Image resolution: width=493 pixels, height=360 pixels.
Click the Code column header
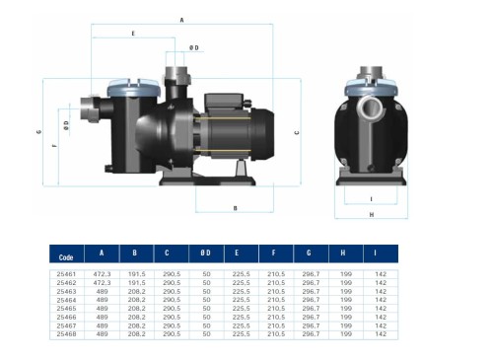click(66, 254)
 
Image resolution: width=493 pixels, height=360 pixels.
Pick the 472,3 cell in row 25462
click(102, 281)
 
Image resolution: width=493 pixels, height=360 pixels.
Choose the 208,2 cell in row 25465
click(137, 308)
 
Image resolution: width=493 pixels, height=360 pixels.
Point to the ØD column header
click(206, 253)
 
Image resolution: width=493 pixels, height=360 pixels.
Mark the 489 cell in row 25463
click(102, 290)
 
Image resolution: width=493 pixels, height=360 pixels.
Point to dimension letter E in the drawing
click(133, 35)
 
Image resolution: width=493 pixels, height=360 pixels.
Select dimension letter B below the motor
click(235, 208)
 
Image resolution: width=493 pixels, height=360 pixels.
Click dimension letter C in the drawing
click(297, 131)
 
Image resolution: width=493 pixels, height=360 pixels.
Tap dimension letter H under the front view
click(371, 213)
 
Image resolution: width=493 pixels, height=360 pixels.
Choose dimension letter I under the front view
click(371, 197)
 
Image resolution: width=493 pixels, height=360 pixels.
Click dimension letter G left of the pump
click(37, 131)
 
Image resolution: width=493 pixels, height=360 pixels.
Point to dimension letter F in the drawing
click(53, 145)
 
